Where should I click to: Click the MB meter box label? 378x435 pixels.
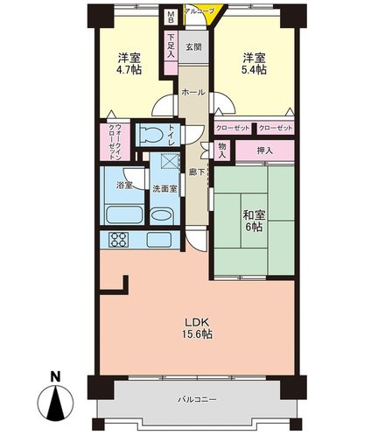click(171, 18)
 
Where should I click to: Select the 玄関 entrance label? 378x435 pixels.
click(193, 46)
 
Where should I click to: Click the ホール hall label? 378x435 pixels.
click(193, 93)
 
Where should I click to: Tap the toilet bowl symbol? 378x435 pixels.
click(151, 135)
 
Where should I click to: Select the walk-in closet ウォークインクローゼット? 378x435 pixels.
click(115, 142)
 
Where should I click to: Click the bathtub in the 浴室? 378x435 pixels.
click(124, 214)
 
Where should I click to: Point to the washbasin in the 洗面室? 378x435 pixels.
click(163, 215)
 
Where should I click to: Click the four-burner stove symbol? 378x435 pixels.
click(119, 239)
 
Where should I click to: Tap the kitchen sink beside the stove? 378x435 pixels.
click(158, 240)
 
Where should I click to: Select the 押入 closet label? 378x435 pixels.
click(264, 151)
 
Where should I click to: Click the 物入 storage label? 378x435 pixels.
click(222, 150)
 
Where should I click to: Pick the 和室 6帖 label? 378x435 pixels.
click(254, 221)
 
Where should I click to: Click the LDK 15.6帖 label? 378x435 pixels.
click(198, 328)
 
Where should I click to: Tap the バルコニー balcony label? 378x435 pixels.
click(197, 399)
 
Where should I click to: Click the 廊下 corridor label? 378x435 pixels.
click(196, 172)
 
